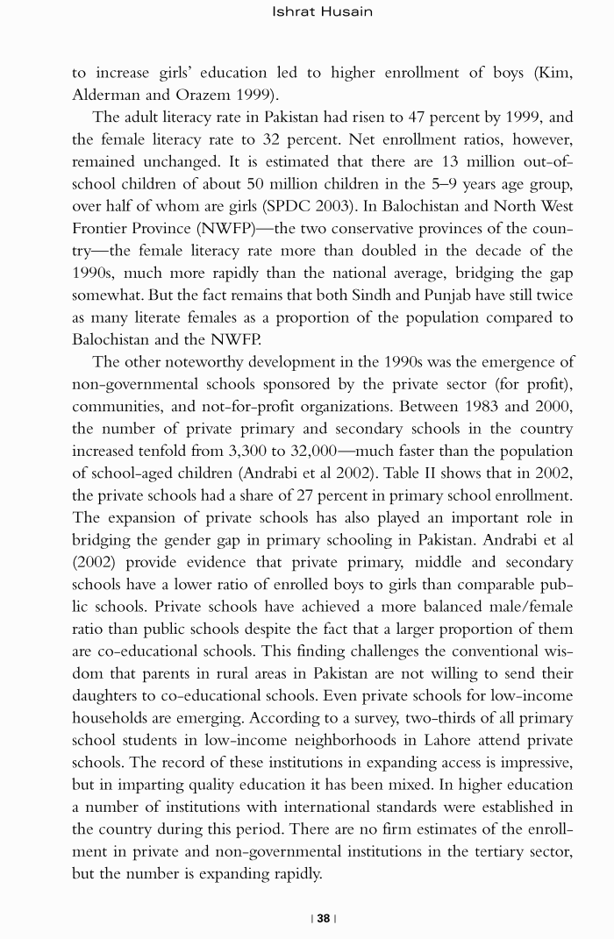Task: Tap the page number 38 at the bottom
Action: click(323, 919)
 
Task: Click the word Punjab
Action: click(441, 295)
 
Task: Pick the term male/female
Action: click(521, 607)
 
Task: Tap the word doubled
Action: click(381, 251)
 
